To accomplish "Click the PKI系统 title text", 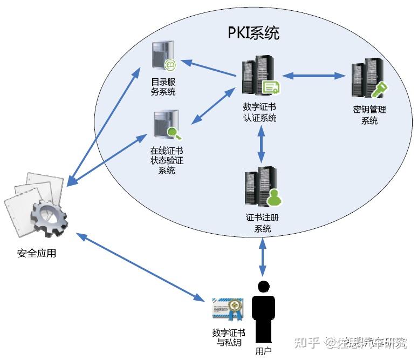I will [253, 33].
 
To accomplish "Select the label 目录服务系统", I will [163, 87].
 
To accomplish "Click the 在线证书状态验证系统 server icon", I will [166, 125].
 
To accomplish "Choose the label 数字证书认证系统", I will [260, 113].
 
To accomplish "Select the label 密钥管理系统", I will [369, 115].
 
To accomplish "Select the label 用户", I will [263, 351].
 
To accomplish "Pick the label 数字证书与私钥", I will [227, 337].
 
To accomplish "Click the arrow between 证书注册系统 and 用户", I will [263, 257].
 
